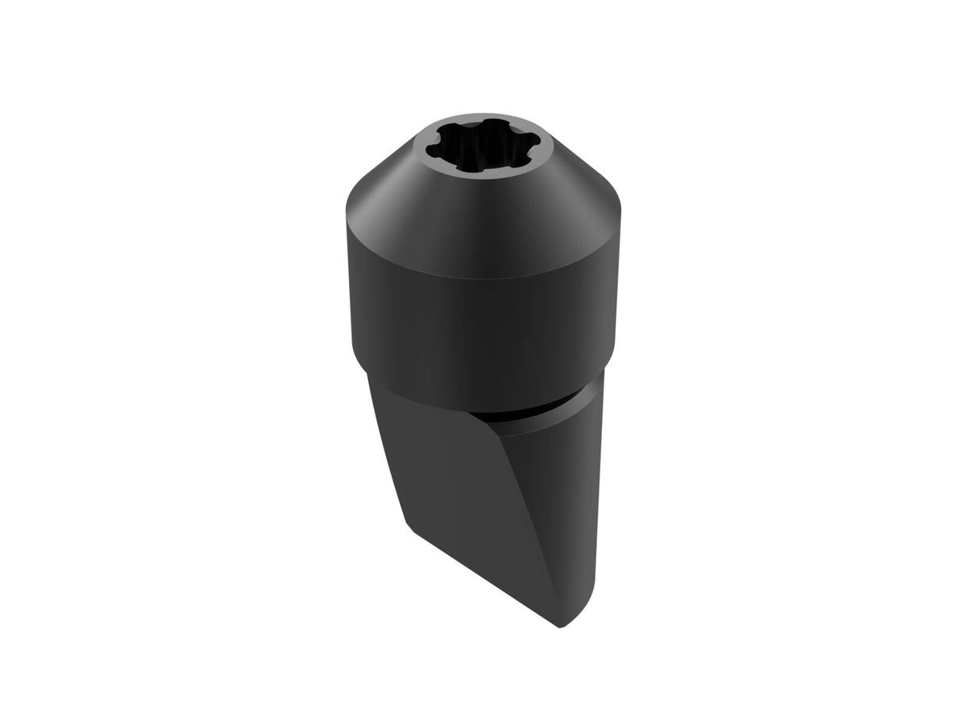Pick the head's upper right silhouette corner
coord(620,214)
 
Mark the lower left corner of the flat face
coord(407,525)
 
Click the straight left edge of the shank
coord(387,451)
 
